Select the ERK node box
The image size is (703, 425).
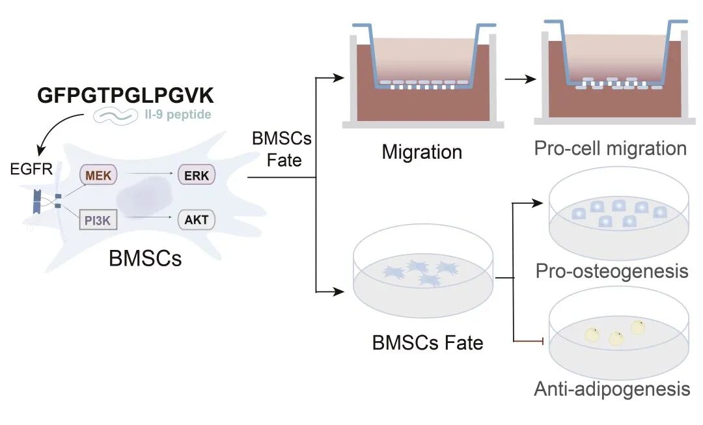(x=196, y=176)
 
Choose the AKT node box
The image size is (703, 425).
(x=196, y=220)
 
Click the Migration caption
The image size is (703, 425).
(x=422, y=153)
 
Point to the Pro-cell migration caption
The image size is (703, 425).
(x=610, y=148)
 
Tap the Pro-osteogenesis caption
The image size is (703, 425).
(x=611, y=271)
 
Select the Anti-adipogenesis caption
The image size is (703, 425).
(x=612, y=389)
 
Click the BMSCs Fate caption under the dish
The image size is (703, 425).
(x=428, y=342)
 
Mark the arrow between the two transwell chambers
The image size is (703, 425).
(x=518, y=79)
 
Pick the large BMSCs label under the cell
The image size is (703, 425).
(x=145, y=258)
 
